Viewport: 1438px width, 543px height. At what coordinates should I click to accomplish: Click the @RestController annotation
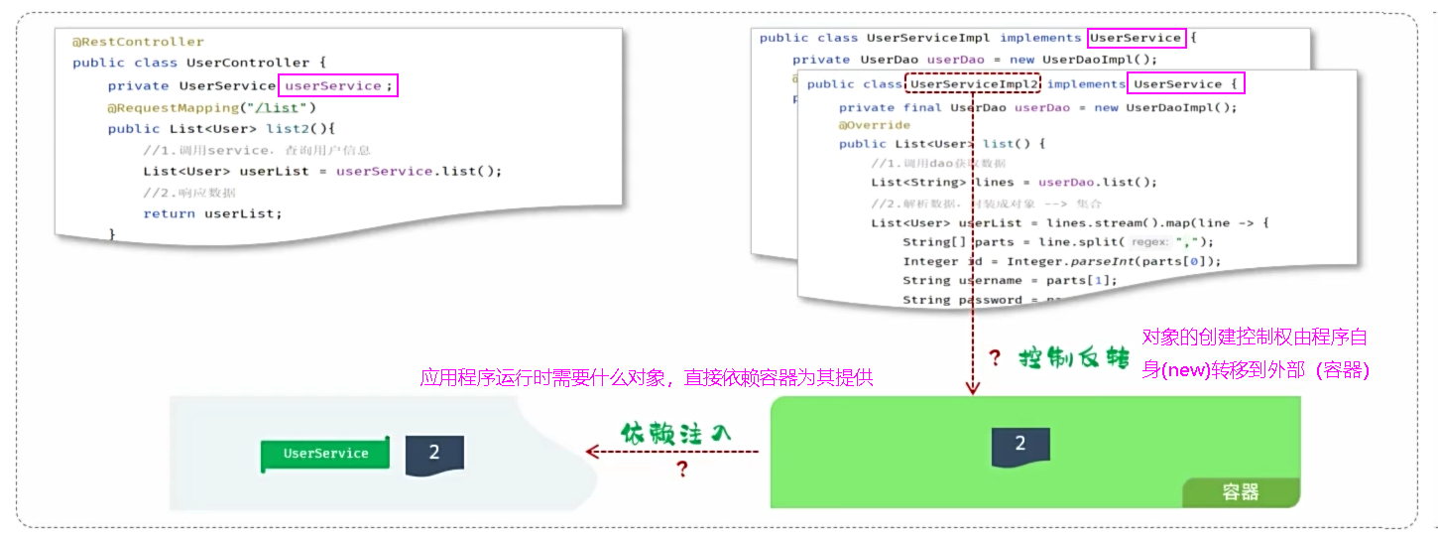(x=138, y=42)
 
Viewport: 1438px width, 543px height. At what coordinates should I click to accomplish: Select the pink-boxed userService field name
(x=338, y=86)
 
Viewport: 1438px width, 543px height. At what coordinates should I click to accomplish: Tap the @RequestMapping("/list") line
(x=211, y=107)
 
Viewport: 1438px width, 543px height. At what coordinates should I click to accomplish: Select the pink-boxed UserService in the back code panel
(x=1136, y=39)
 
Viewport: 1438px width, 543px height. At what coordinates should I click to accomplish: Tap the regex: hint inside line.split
(x=1150, y=242)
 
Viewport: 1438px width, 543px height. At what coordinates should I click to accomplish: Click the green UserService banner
(x=325, y=454)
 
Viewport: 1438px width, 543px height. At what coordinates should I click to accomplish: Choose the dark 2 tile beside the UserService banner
(x=434, y=454)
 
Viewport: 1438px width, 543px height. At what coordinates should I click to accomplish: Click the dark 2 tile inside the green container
(x=1020, y=445)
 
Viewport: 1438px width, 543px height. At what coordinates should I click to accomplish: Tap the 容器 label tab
(x=1240, y=492)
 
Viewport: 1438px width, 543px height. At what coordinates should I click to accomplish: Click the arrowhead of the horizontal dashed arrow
(x=592, y=452)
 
